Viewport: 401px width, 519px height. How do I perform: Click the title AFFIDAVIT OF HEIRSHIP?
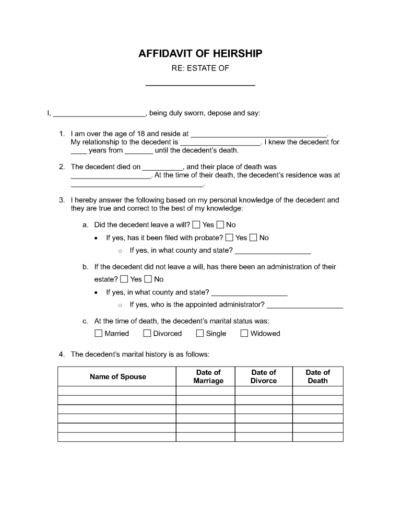click(200, 54)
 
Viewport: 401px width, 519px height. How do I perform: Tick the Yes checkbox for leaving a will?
click(196, 225)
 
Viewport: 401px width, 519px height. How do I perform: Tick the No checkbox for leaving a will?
click(220, 225)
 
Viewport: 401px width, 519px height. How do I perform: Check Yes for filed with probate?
click(230, 238)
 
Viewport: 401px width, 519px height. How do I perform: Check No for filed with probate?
click(253, 238)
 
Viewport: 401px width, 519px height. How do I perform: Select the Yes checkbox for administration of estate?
click(124, 279)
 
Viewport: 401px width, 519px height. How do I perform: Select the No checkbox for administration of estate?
click(148, 279)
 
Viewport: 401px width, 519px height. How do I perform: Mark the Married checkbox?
click(99, 333)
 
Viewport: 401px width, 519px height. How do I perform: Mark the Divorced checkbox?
click(147, 333)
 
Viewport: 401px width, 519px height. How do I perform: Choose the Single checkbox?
click(200, 333)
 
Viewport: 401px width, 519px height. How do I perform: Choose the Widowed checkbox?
click(244, 333)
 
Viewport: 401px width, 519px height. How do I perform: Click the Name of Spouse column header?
click(117, 376)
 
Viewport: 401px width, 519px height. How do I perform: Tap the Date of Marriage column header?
click(208, 376)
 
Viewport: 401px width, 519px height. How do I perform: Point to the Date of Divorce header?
click(263, 376)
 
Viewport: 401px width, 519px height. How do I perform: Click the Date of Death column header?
click(317, 376)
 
